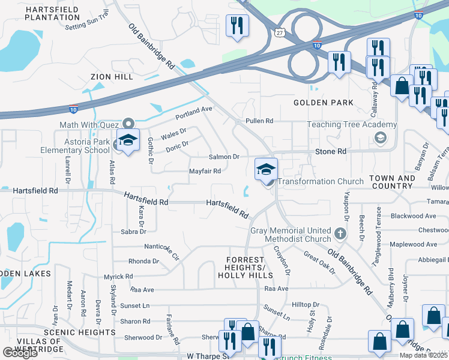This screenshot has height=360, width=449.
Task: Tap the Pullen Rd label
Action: coord(259,121)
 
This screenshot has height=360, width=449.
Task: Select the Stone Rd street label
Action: coord(331,152)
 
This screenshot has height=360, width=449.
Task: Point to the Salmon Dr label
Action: coord(224,157)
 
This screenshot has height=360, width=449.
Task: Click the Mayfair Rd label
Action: coord(205,171)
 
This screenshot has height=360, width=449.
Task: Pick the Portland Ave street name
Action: coord(194,112)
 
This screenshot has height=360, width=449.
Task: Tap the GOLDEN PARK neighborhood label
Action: coord(323,103)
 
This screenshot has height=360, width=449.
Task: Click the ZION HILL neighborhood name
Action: coord(113,77)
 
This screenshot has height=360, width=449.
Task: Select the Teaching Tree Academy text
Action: coord(352,125)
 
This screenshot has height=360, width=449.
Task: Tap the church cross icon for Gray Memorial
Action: coord(340,233)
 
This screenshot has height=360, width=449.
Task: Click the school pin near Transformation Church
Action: coord(266,169)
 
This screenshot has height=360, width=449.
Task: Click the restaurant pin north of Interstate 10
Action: coord(237,26)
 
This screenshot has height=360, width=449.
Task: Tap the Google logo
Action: coord(20,353)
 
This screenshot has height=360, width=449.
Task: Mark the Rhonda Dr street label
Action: coord(143,262)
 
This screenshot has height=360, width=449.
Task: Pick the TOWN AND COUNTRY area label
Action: coord(391,182)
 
